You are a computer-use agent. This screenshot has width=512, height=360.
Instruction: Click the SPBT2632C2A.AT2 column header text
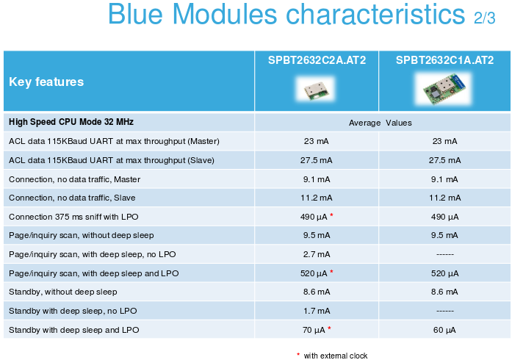[317, 60]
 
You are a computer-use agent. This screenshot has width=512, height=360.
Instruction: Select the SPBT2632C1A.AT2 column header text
[444, 60]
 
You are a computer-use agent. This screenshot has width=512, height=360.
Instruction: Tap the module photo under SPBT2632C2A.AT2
[315, 89]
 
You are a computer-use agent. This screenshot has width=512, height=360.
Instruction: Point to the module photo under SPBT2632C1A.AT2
[444, 89]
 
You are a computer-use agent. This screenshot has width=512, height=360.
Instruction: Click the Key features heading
[46, 82]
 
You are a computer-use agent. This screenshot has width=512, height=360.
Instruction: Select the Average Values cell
[380, 123]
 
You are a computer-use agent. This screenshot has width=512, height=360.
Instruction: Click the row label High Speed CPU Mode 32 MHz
[71, 122]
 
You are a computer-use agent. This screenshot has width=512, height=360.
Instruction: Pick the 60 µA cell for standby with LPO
[444, 330]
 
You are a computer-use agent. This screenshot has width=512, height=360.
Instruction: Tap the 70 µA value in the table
[314, 330]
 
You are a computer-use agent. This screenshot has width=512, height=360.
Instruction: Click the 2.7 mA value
[317, 254]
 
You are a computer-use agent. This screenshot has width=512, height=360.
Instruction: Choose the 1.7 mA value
[317, 311]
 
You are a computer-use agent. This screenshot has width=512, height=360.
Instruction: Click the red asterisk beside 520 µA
[331, 272]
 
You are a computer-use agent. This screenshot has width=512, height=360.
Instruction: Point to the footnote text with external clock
[336, 356]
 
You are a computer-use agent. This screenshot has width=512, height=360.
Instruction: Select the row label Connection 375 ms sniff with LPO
[73, 217]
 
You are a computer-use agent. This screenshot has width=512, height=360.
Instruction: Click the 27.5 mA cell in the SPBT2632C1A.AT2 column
[444, 160]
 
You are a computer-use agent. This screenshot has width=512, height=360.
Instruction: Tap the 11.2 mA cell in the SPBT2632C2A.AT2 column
[316, 198]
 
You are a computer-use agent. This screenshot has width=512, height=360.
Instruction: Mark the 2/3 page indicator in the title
[485, 18]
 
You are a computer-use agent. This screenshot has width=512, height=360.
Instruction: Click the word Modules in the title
[224, 14]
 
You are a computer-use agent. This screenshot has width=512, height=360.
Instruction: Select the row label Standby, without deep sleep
[62, 292]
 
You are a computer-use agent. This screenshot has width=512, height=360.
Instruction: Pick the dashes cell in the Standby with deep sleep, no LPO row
[444, 311]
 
